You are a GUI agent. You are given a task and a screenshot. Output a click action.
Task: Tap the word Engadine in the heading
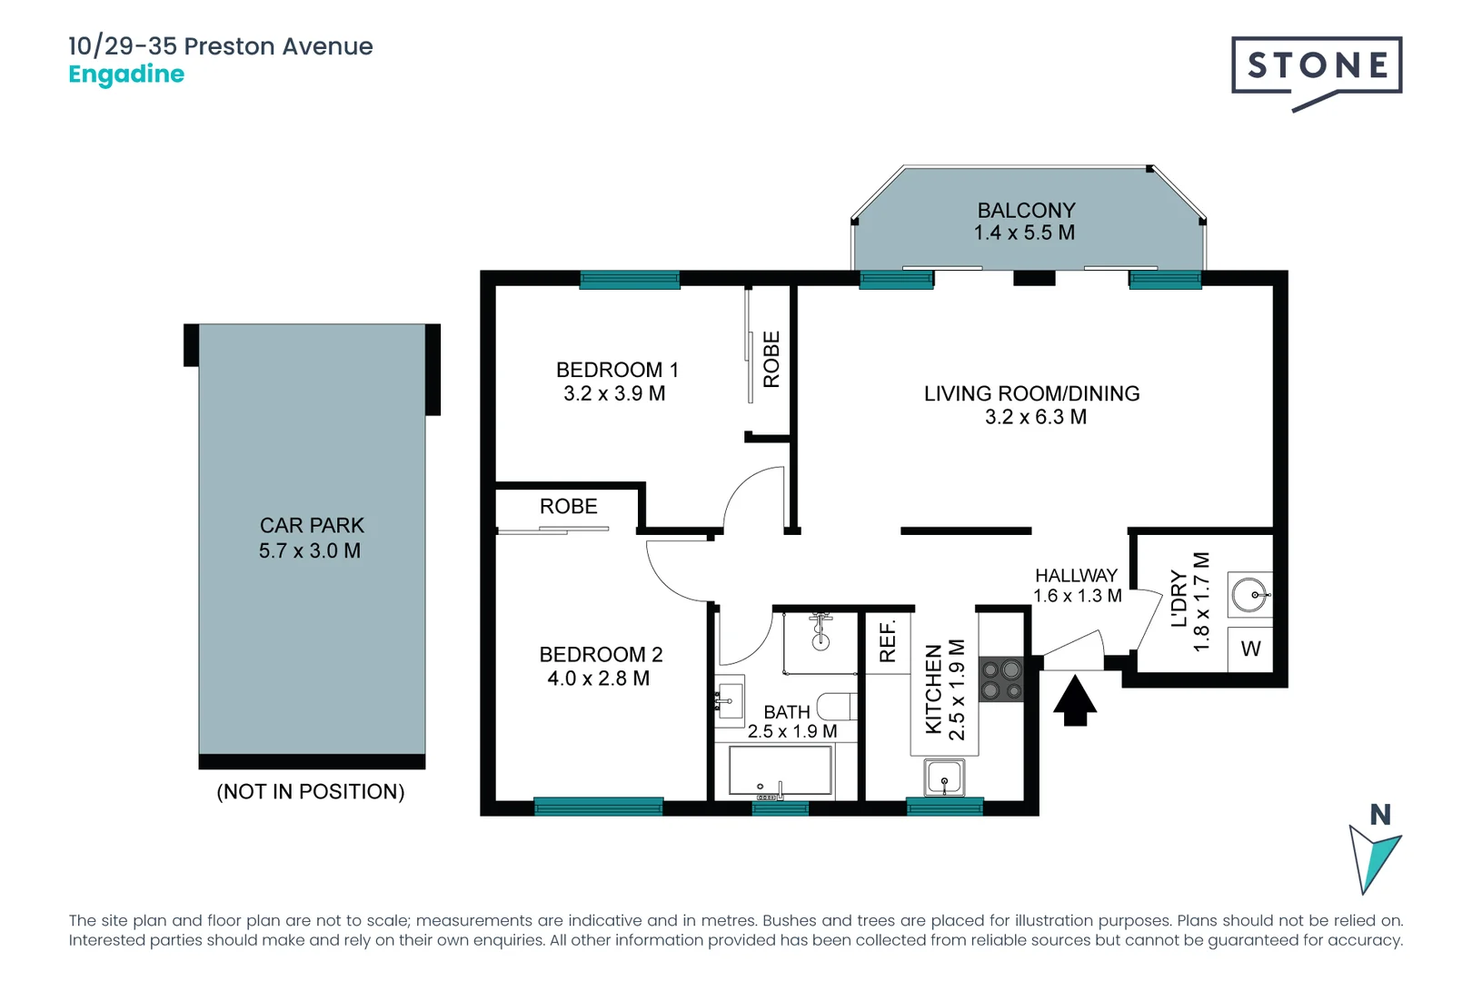click(x=126, y=74)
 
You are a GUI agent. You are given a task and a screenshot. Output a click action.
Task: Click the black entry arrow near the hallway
click(x=1075, y=699)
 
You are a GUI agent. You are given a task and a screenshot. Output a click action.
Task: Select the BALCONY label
click(x=1026, y=210)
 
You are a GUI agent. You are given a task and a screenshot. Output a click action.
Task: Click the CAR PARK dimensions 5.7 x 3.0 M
click(x=310, y=550)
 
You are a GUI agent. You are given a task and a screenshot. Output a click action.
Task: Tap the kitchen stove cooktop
click(x=1000, y=680)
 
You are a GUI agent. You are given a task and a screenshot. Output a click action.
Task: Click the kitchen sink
click(x=944, y=778)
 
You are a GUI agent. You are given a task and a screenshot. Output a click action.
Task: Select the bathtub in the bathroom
click(x=781, y=771)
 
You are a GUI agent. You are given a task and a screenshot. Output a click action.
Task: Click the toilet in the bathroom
click(x=837, y=706)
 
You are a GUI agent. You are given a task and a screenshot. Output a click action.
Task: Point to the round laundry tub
click(x=1249, y=596)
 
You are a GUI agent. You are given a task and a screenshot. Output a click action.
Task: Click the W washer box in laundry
click(x=1250, y=649)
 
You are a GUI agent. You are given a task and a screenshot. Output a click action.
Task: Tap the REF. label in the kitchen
click(x=888, y=640)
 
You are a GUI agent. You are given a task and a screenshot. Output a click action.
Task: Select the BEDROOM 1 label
click(x=617, y=370)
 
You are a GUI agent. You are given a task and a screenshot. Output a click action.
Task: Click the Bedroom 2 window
click(x=598, y=806)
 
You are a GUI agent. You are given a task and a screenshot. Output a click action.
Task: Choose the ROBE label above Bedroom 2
click(x=569, y=507)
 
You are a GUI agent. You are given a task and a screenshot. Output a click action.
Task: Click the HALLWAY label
click(x=1076, y=575)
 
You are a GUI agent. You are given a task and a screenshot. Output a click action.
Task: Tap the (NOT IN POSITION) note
click(x=311, y=791)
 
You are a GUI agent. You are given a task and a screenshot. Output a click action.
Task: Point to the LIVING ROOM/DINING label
click(x=1031, y=393)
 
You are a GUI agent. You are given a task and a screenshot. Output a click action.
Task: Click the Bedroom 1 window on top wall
click(x=630, y=280)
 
